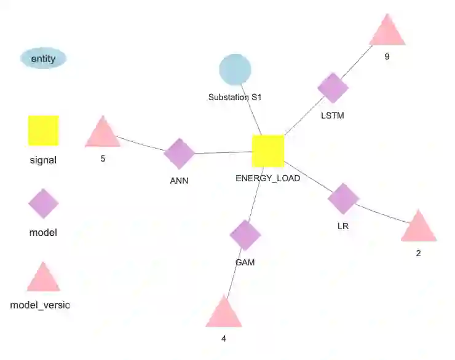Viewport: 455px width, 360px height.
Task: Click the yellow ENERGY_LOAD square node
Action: click(x=268, y=151)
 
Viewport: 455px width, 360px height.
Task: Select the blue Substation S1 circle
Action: click(x=235, y=70)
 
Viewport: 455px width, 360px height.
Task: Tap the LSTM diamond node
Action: click(x=333, y=88)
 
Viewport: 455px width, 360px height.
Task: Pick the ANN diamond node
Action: click(x=180, y=154)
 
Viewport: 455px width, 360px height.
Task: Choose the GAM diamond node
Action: click(x=245, y=235)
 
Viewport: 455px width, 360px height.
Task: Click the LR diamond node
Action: click(x=343, y=198)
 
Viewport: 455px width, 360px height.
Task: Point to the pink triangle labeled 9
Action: click(x=387, y=33)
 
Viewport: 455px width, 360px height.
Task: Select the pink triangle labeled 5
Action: click(x=102, y=134)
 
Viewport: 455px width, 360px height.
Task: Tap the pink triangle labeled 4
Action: click(x=224, y=314)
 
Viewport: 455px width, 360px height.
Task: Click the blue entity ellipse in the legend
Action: click(x=43, y=59)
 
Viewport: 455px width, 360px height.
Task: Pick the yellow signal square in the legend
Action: click(x=43, y=131)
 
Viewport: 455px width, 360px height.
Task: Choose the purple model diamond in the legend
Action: click(x=43, y=203)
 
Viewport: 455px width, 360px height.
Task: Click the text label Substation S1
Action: click(x=235, y=97)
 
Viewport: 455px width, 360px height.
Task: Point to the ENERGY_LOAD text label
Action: click(x=268, y=178)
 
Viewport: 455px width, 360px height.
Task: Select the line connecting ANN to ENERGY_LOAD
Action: click(x=223, y=152)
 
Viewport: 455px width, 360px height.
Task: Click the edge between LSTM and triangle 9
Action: click(x=361, y=61)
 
